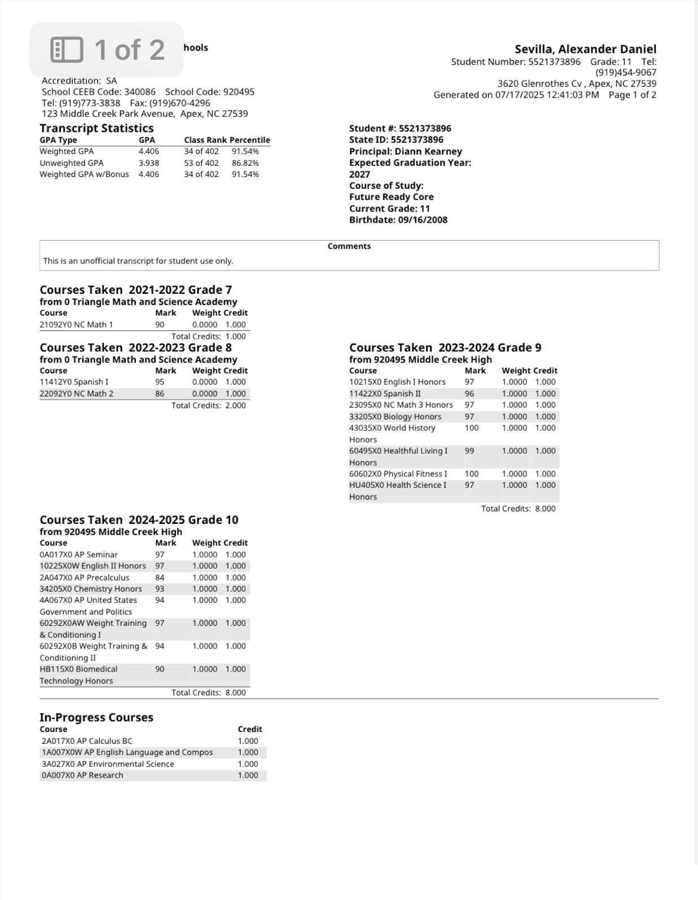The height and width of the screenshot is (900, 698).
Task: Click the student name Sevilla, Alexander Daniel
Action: click(585, 49)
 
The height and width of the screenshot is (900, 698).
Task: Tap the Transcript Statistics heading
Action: click(96, 128)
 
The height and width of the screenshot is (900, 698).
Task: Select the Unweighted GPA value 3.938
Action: click(149, 163)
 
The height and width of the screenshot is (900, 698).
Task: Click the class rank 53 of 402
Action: click(201, 163)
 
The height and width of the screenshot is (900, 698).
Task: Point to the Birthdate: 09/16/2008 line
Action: click(398, 220)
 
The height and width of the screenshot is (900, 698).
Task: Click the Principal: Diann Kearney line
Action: click(405, 151)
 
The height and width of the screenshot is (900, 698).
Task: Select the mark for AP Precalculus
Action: click(160, 577)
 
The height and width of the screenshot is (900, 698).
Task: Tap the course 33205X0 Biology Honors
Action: click(395, 417)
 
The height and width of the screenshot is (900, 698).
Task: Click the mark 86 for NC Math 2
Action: click(160, 394)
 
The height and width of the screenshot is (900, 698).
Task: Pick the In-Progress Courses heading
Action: click(96, 717)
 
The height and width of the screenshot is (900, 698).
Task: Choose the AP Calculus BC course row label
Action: click(87, 741)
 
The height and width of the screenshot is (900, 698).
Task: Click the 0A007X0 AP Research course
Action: click(82, 775)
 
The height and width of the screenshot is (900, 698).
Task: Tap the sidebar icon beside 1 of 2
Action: click(67, 50)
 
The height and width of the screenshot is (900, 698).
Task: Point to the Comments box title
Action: click(349, 246)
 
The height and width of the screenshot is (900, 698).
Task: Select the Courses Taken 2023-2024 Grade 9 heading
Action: click(445, 347)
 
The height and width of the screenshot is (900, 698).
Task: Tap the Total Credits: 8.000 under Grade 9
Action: click(518, 509)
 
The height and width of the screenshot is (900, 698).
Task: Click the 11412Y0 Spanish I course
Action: click(74, 382)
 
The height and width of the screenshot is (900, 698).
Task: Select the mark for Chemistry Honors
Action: click(160, 589)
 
